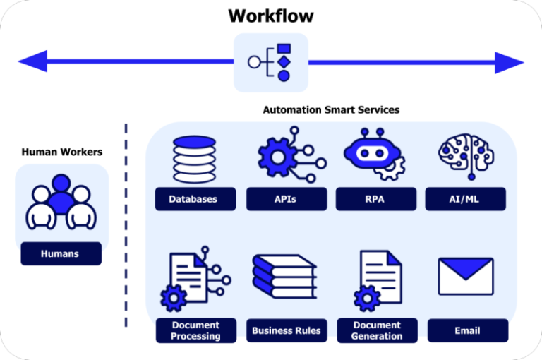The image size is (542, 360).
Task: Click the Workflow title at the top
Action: [x=270, y=16]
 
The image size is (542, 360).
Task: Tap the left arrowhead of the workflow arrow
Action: [x=32, y=61]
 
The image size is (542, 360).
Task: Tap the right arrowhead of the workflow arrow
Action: [x=509, y=62]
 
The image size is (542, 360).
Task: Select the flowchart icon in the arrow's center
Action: [x=271, y=62]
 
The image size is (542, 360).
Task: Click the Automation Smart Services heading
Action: [x=331, y=110]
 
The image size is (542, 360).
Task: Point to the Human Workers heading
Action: [x=62, y=152]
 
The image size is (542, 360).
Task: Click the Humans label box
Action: [x=61, y=253]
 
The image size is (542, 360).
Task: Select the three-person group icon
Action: [x=61, y=202]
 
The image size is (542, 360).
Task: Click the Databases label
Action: [x=193, y=199]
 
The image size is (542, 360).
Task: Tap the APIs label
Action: [x=285, y=199]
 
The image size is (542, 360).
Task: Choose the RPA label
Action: [x=375, y=199]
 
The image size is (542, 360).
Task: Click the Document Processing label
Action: [x=195, y=330]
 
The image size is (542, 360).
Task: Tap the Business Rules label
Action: [x=286, y=330]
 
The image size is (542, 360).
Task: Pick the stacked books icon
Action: [x=284, y=278]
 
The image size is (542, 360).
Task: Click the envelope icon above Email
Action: [x=466, y=276]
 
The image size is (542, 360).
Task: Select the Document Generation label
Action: [x=376, y=330]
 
